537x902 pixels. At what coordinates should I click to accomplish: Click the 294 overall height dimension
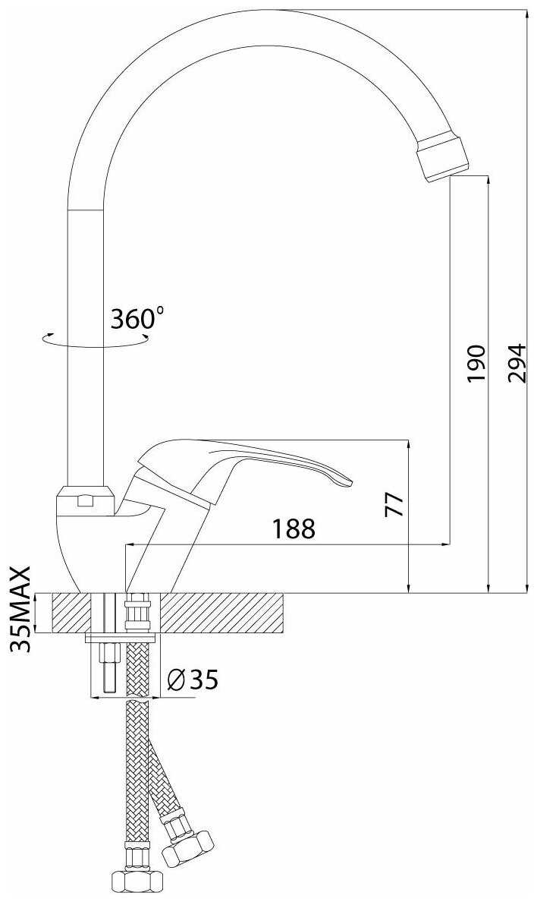tap(517, 363)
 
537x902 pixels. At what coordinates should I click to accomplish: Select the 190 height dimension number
tap(476, 364)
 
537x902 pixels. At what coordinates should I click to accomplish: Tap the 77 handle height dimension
tap(396, 504)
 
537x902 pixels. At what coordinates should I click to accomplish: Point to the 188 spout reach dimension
tap(294, 528)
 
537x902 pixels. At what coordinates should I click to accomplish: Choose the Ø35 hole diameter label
tap(192, 680)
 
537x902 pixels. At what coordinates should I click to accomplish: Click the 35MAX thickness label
tap(21, 609)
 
